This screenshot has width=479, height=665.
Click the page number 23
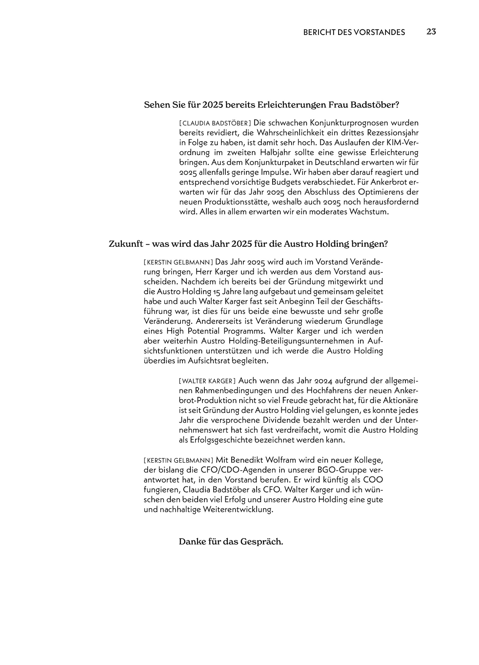pos(431,32)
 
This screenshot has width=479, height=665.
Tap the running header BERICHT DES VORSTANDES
pos(354,32)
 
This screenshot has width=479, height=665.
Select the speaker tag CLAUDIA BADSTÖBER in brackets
pos(215,123)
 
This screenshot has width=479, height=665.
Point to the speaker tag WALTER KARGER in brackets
pos(207,381)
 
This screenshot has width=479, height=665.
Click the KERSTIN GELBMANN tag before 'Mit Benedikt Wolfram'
pos(178,461)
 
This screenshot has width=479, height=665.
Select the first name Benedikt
pos(245,461)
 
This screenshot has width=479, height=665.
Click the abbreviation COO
pos(372,480)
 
